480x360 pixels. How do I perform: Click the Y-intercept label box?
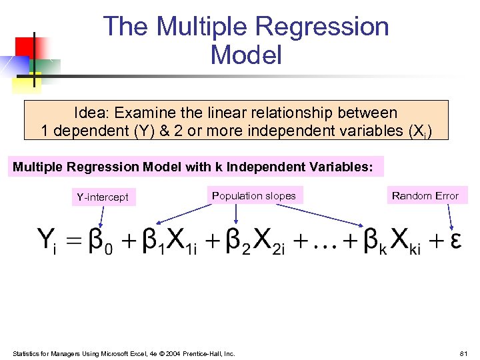[x=103, y=197]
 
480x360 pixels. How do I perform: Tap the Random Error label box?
[x=425, y=195]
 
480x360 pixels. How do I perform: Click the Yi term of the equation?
[x=48, y=241]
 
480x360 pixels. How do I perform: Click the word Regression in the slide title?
[x=322, y=27]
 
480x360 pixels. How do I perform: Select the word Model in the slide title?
[x=246, y=55]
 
